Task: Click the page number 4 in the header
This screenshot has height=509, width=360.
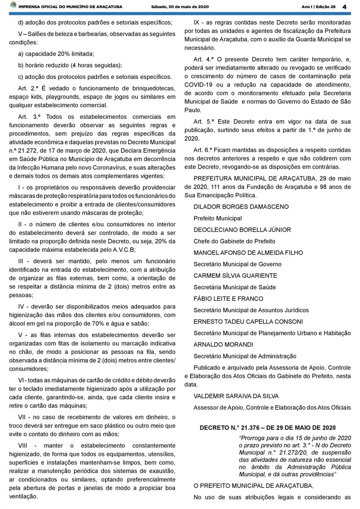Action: coord(344,7)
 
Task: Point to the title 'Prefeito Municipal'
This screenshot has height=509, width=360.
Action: coord(217,218)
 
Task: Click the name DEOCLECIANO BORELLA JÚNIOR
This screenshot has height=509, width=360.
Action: coord(242,229)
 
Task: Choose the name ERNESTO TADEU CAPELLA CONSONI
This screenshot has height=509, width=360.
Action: coord(248,322)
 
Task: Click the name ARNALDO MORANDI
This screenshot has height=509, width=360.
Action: coord(223,344)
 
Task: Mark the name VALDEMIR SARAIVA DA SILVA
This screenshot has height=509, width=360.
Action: coord(236,396)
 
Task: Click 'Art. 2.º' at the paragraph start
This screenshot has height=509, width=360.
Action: coord(28,88)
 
